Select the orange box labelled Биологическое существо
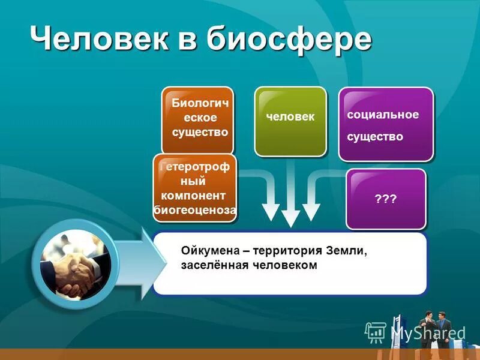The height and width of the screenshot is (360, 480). [197, 119]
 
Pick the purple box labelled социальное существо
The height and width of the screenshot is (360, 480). [385, 124]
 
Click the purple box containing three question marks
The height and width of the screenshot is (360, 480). [386, 199]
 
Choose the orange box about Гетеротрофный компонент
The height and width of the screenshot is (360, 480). [195, 188]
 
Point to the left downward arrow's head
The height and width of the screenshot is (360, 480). [271, 211]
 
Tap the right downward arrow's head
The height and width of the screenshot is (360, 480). [311, 211]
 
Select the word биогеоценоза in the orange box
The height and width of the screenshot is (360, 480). [195, 210]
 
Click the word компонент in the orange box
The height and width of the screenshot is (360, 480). [194, 196]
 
